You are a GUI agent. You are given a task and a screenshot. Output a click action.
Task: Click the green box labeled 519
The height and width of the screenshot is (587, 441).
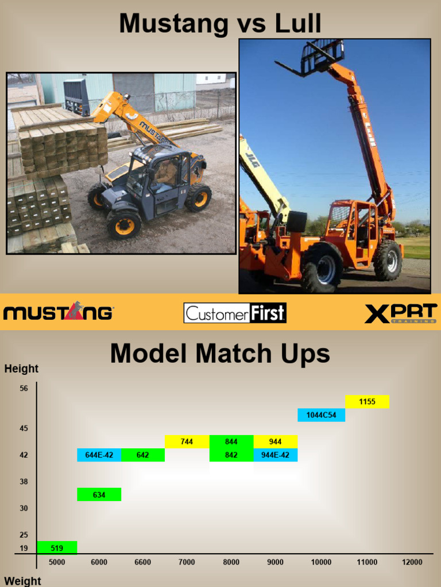click(x=57, y=547)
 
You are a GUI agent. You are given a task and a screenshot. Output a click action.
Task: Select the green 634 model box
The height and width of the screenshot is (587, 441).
click(x=99, y=494)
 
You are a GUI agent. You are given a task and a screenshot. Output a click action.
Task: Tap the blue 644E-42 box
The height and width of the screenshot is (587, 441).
click(x=99, y=455)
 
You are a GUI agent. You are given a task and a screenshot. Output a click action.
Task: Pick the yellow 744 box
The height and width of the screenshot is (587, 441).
click(x=187, y=441)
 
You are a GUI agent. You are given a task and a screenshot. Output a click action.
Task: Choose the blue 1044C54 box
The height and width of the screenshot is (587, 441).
click(x=321, y=415)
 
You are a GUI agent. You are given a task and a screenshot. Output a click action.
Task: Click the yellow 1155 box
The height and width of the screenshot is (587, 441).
click(x=367, y=402)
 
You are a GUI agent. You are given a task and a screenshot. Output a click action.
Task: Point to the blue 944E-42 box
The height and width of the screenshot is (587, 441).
click(x=275, y=455)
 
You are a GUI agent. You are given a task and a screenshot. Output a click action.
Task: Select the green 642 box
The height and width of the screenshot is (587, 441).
click(x=143, y=455)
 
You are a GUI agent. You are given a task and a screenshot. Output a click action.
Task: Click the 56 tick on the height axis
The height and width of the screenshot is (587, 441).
click(x=24, y=389)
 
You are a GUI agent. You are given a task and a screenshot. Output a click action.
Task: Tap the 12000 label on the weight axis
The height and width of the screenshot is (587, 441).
click(x=412, y=562)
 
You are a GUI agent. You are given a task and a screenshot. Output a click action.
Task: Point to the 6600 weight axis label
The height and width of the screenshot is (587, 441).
click(x=143, y=562)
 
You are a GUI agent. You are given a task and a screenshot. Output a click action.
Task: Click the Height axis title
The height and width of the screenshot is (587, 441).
click(x=21, y=369)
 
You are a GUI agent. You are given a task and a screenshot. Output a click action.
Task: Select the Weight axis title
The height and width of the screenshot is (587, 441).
click(x=22, y=581)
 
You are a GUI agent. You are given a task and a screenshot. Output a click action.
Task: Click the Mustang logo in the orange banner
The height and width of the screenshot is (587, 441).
click(x=58, y=312)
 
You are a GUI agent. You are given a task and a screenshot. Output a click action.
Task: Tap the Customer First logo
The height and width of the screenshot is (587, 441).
click(x=235, y=313)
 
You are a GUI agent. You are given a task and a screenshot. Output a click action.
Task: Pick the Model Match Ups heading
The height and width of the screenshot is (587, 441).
click(x=220, y=354)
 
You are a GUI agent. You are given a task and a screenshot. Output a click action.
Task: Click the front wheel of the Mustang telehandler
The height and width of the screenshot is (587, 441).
click(x=123, y=224)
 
